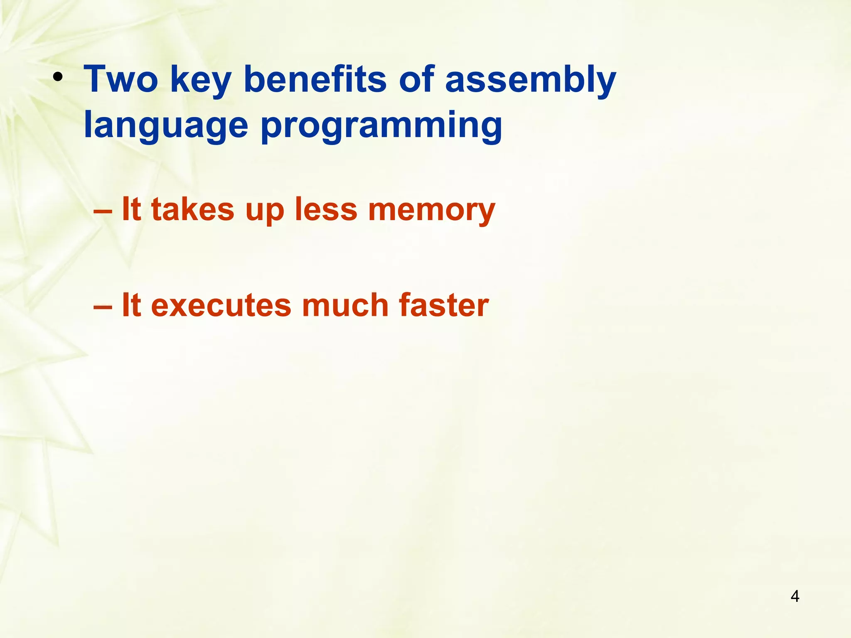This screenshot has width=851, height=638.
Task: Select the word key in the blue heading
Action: [x=200, y=80]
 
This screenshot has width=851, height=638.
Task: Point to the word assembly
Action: [x=531, y=80]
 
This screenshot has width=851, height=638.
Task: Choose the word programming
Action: [x=381, y=125]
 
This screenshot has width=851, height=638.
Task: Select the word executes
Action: [x=221, y=306]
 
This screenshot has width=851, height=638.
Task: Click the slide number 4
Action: [x=794, y=596]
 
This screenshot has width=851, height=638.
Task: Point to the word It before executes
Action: [x=131, y=305]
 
